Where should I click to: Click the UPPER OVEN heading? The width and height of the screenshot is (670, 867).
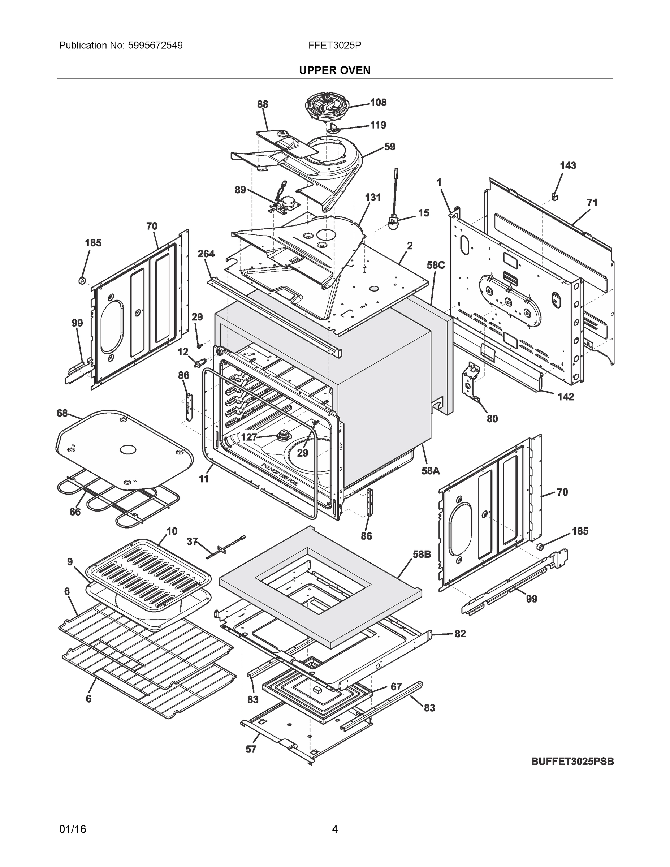click(334, 70)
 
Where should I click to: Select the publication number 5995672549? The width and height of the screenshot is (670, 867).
click(155, 45)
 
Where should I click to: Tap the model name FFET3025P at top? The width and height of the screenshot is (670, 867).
click(334, 45)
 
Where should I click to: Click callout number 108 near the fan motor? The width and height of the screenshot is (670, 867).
click(378, 103)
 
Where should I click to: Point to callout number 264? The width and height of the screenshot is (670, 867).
click(206, 254)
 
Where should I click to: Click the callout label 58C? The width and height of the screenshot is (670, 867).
click(436, 265)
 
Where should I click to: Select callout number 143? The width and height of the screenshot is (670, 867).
click(568, 165)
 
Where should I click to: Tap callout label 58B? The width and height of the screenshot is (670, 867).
click(422, 554)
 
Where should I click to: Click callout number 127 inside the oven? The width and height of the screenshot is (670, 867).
click(249, 437)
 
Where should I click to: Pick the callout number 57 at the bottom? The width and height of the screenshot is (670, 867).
click(251, 749)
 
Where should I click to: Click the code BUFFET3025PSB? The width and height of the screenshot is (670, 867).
click(572, 762)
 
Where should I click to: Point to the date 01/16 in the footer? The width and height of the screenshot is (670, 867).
click(73, 829)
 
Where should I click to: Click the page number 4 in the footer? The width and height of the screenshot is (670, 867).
click(334, 829)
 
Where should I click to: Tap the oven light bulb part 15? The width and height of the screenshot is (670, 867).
click(393, 222)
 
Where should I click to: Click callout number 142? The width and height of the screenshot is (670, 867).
click(566, 397)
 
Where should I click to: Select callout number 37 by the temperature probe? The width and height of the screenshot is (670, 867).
click(192, 541)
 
